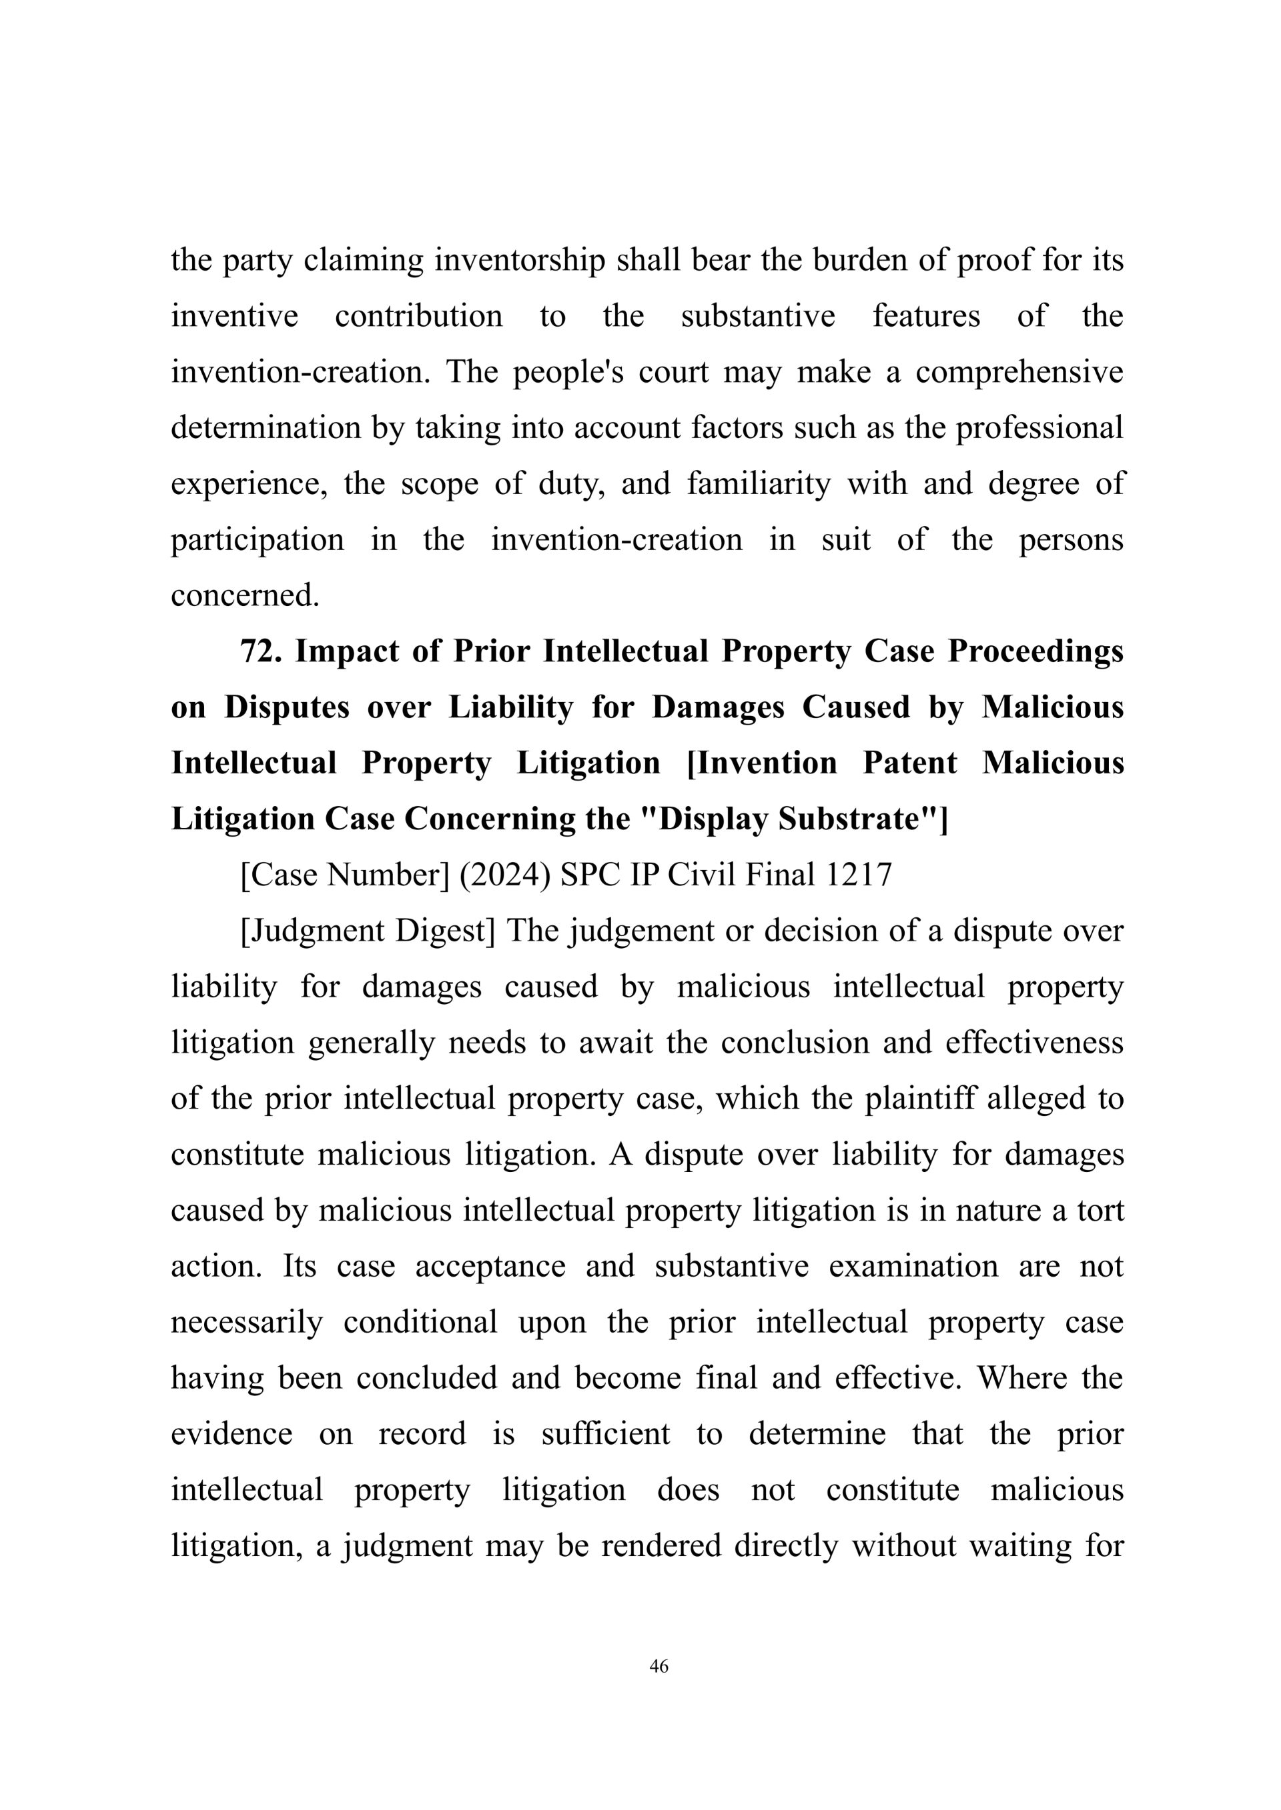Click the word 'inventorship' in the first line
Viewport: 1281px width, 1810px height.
[x=519, y=260]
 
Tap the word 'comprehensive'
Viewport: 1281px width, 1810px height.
[x=1019, y=372]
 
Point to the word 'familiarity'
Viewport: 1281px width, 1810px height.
[x=758, y=483]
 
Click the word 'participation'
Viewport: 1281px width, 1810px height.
[x=257, y=539]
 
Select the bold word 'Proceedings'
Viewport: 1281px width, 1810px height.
[x=1035, y=651]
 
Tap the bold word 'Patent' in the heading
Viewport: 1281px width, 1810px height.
[x=909, y=763]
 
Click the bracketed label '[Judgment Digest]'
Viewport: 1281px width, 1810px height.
[x=368, y=931]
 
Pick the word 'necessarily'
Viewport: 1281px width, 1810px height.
[x=247, y=1322]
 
